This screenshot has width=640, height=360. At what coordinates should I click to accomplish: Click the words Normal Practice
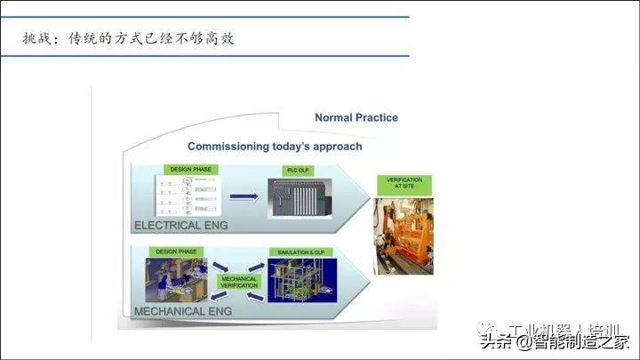tap(356, 117)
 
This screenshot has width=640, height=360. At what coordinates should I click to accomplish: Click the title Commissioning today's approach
tap(274, 146)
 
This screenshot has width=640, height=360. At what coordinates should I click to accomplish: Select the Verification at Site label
tap(404, 185)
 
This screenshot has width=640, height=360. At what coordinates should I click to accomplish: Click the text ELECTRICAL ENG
tap(180, 226)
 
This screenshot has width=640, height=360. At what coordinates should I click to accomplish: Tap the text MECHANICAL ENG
tap(182, 311)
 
